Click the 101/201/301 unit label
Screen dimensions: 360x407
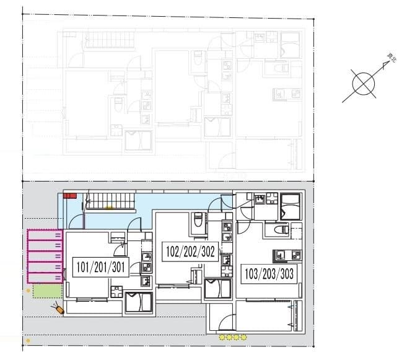(100, 268)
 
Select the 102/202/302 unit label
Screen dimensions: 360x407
(191, 252)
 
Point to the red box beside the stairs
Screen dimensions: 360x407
(69, 196)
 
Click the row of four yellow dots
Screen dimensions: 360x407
(233, 338)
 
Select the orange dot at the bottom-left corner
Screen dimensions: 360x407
(28, 341)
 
